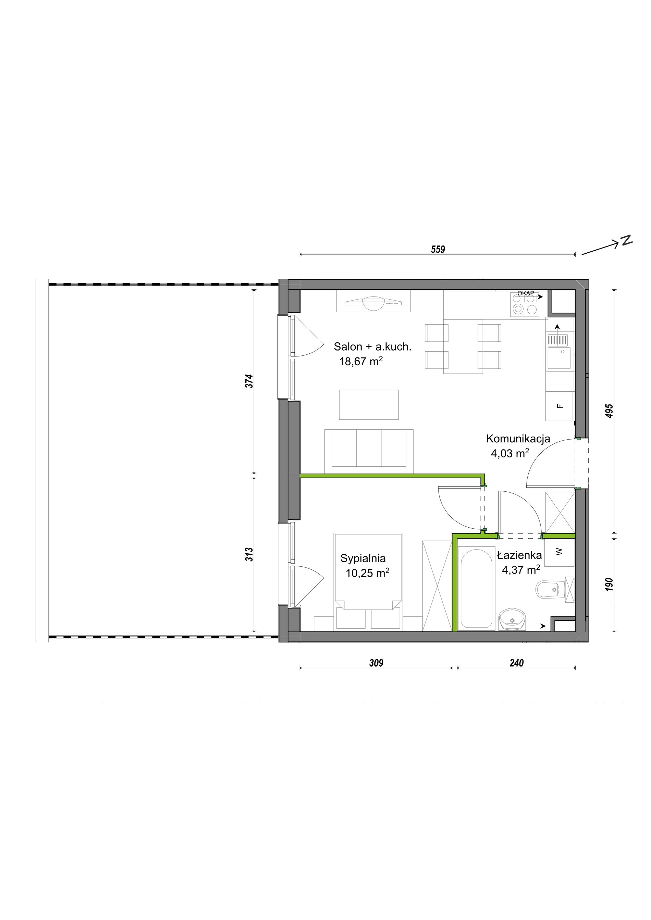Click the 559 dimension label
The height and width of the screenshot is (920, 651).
pos(438,249)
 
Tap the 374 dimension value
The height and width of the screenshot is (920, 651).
pos(249,381)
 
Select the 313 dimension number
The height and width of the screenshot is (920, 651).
pos(249,554)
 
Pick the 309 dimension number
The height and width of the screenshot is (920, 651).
pos(376,663)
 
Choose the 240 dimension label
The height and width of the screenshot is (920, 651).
pos(516,663)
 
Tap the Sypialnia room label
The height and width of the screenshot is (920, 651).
pos(363,558)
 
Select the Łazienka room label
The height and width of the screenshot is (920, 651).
pos(519,555)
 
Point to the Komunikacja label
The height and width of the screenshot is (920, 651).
pos(518,439)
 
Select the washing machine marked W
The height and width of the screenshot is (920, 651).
pos(559,552)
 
